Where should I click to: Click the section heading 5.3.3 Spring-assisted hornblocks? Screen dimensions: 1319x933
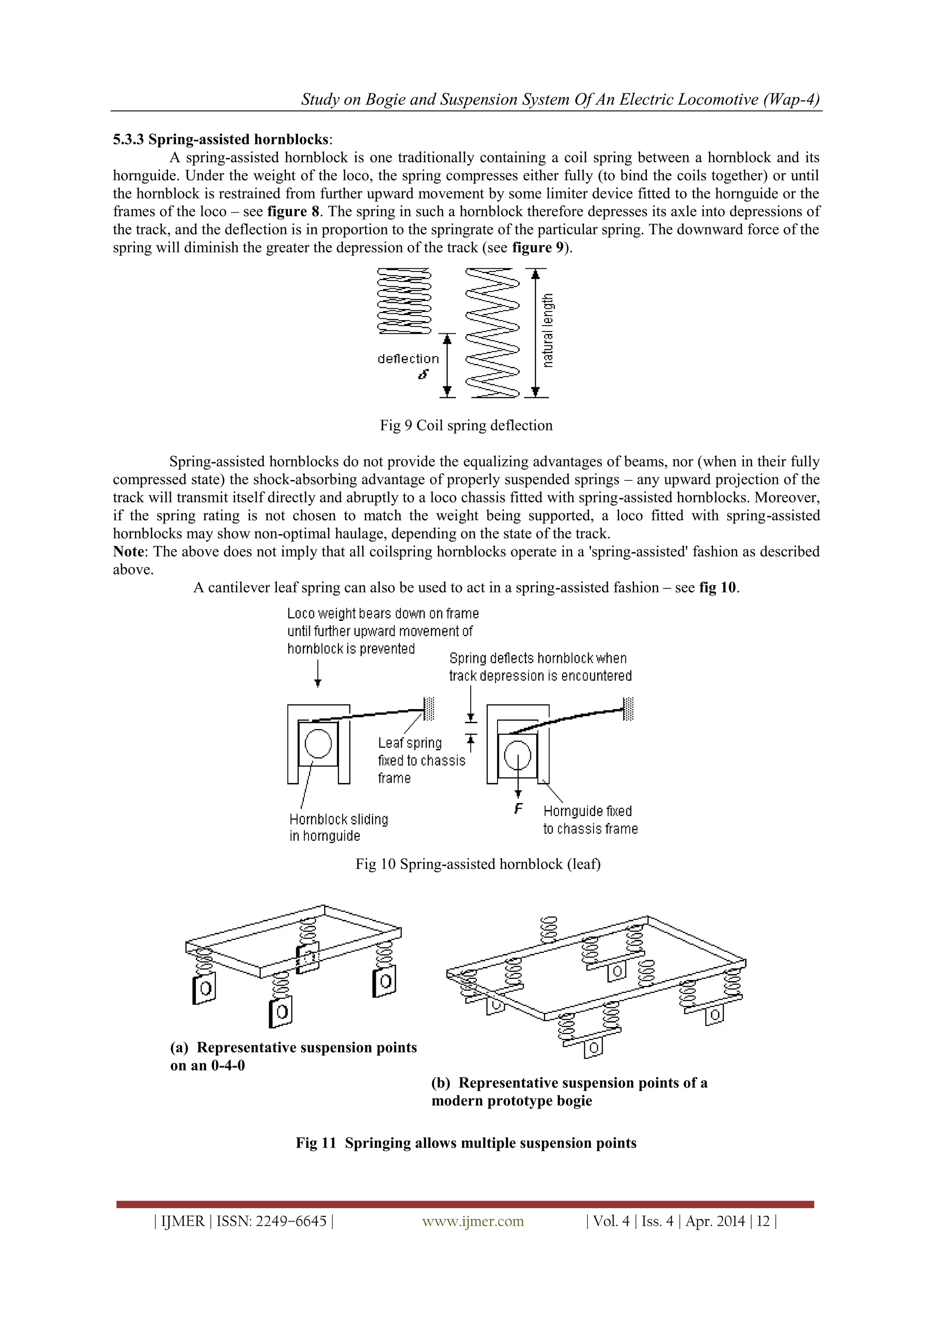pos(222,140)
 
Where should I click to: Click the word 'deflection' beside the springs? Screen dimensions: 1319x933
pos(408,359)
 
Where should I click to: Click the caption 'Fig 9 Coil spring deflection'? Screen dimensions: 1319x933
pos(466,426)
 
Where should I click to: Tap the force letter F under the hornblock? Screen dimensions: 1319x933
pos(518,809)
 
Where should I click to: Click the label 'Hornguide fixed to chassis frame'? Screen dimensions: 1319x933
pos(590,820)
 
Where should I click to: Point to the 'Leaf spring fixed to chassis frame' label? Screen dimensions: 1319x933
pos(421,760)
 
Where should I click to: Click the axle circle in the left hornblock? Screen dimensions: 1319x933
pos(318,743)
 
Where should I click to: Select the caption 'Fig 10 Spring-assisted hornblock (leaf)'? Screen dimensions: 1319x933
pos(477,864)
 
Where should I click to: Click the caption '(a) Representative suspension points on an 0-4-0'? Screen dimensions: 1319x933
pos(293,1056)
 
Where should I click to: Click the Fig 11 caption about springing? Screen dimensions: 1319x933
pos(466,1143)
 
